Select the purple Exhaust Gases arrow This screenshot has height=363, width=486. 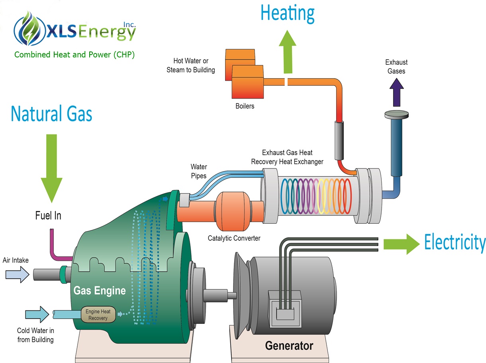(396, 92)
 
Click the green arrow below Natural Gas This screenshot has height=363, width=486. (52, 168)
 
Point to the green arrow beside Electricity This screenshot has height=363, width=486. (402, 244)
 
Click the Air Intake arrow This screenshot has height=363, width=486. (17, 274)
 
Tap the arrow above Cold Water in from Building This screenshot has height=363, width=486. (37, 314)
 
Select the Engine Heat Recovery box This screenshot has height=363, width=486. (98, 314)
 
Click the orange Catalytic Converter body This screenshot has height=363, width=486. (233, 212)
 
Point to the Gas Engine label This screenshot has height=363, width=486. (100, 290)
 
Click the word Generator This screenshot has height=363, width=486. (289, 346)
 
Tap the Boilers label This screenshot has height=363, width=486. (245, 106)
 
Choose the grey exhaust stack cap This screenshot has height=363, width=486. (396, 115)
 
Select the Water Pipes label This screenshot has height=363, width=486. (199, 171)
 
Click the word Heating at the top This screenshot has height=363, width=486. (287, 14)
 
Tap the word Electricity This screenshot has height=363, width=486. (455, 243)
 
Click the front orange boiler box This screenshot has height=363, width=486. (247, 82)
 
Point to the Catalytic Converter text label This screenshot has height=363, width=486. (234, 238)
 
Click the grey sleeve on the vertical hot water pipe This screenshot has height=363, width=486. (339, 140)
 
